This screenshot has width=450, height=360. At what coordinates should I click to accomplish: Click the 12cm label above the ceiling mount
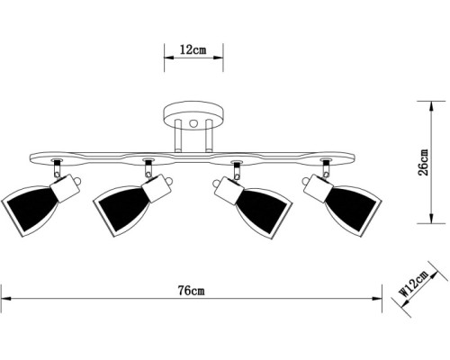coord(193,49)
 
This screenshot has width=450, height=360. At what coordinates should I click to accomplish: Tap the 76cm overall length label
coord(192,291)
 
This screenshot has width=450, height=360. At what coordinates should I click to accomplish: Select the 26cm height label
coord(423,162)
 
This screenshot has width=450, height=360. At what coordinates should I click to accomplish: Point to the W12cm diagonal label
coord(414,283)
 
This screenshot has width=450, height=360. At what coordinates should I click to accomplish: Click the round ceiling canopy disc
coord(193,115)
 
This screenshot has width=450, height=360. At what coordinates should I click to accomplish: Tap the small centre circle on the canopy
coord(193,122)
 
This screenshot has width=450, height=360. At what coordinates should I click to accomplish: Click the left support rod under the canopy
coord(178,136)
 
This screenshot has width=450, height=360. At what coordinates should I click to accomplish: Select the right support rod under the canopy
coord(209,136)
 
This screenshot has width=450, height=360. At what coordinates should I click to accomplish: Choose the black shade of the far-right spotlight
coord(351,210)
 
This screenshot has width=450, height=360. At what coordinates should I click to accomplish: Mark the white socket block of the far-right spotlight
coord(318,188)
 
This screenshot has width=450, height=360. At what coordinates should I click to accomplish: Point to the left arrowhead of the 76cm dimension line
coord(6,299)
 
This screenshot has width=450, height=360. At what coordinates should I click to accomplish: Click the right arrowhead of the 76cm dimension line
coord(377,299)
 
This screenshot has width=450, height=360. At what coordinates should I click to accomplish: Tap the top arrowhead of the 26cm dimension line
coord(431,106)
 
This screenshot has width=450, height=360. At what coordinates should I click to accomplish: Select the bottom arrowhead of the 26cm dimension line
coord(431,218)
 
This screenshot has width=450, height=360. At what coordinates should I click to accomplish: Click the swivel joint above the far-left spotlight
coord(57,169)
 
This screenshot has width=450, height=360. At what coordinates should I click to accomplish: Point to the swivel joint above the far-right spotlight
coord(326,169)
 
